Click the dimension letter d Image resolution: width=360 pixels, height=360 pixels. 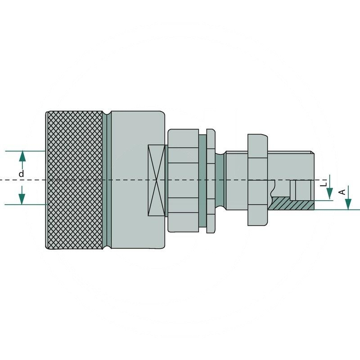21,174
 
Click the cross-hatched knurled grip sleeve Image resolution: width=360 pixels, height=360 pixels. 74,180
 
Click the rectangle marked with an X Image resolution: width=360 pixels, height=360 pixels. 156,180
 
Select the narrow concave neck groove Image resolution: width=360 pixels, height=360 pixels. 220,180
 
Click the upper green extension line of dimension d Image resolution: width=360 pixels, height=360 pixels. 25,151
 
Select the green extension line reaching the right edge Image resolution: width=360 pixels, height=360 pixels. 337,210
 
